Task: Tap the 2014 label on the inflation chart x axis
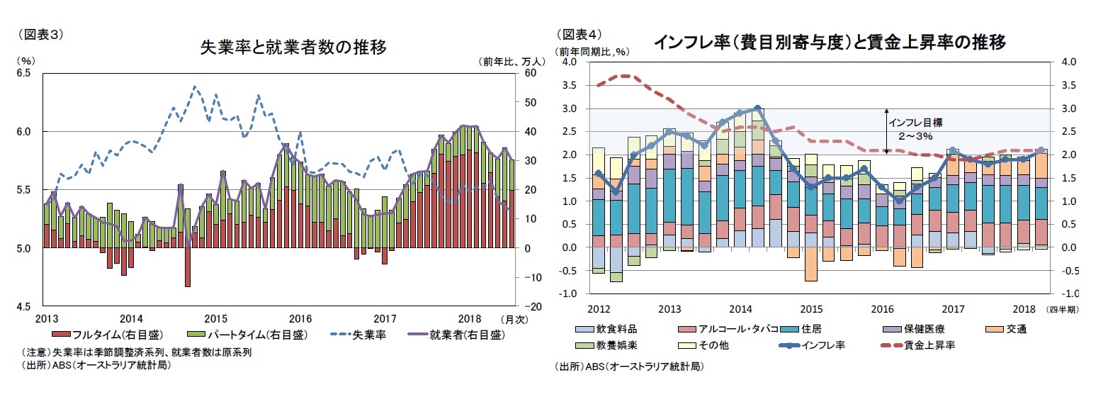click(x=740, y=309)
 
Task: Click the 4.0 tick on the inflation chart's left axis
click(x=567, y=62)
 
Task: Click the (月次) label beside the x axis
click(x=514, y=320)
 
